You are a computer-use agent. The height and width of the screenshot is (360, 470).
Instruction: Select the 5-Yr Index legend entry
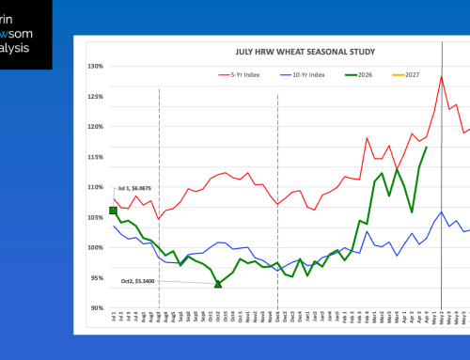[x=239, y=73]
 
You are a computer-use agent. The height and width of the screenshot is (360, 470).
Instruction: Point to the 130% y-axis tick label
[x=95, y=66]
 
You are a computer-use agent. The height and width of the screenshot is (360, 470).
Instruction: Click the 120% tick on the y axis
[x=95, y=126]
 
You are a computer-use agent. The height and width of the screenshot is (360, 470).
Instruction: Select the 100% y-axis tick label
[x=95, y=247]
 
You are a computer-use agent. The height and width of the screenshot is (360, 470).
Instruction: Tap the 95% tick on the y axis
[x=95, y=277]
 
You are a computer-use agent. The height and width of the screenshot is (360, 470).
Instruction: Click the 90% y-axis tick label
[x=95, y=307]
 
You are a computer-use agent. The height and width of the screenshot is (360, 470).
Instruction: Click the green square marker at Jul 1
[x=114, y=210]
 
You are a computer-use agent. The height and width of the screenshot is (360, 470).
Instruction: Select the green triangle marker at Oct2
[x=218, y=283]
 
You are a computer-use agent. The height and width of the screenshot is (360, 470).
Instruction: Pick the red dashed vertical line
[x=159, y=197]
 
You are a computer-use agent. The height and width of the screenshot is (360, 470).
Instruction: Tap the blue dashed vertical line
[x=277, y=197]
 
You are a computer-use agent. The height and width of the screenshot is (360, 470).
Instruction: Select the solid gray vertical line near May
[x=442, y=197]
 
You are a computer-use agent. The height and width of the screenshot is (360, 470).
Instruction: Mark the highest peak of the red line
[x=441, y=77]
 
